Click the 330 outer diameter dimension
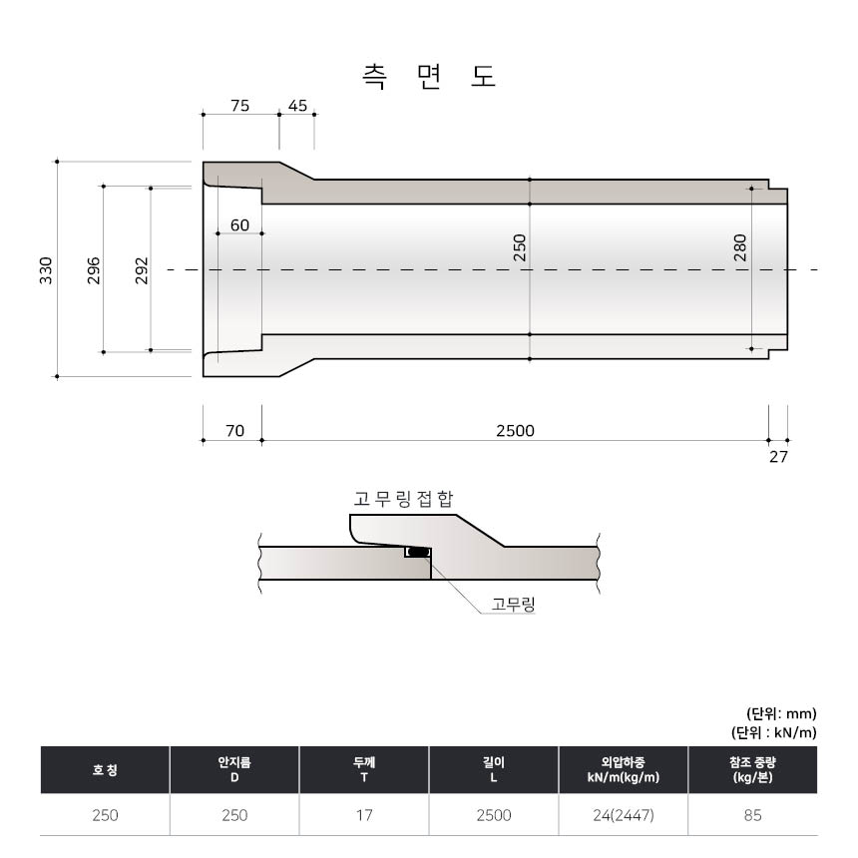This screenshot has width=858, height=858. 46,270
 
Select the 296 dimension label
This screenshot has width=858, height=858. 94,270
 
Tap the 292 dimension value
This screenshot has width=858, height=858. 142,270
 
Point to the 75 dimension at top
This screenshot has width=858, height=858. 239,105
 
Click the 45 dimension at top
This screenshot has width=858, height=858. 297,105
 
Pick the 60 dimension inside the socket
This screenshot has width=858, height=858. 239,224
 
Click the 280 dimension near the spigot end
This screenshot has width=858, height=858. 740,247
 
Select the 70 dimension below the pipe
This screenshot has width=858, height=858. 234,431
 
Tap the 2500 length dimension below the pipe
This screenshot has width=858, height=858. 515,431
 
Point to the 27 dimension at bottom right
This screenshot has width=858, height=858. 778,456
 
